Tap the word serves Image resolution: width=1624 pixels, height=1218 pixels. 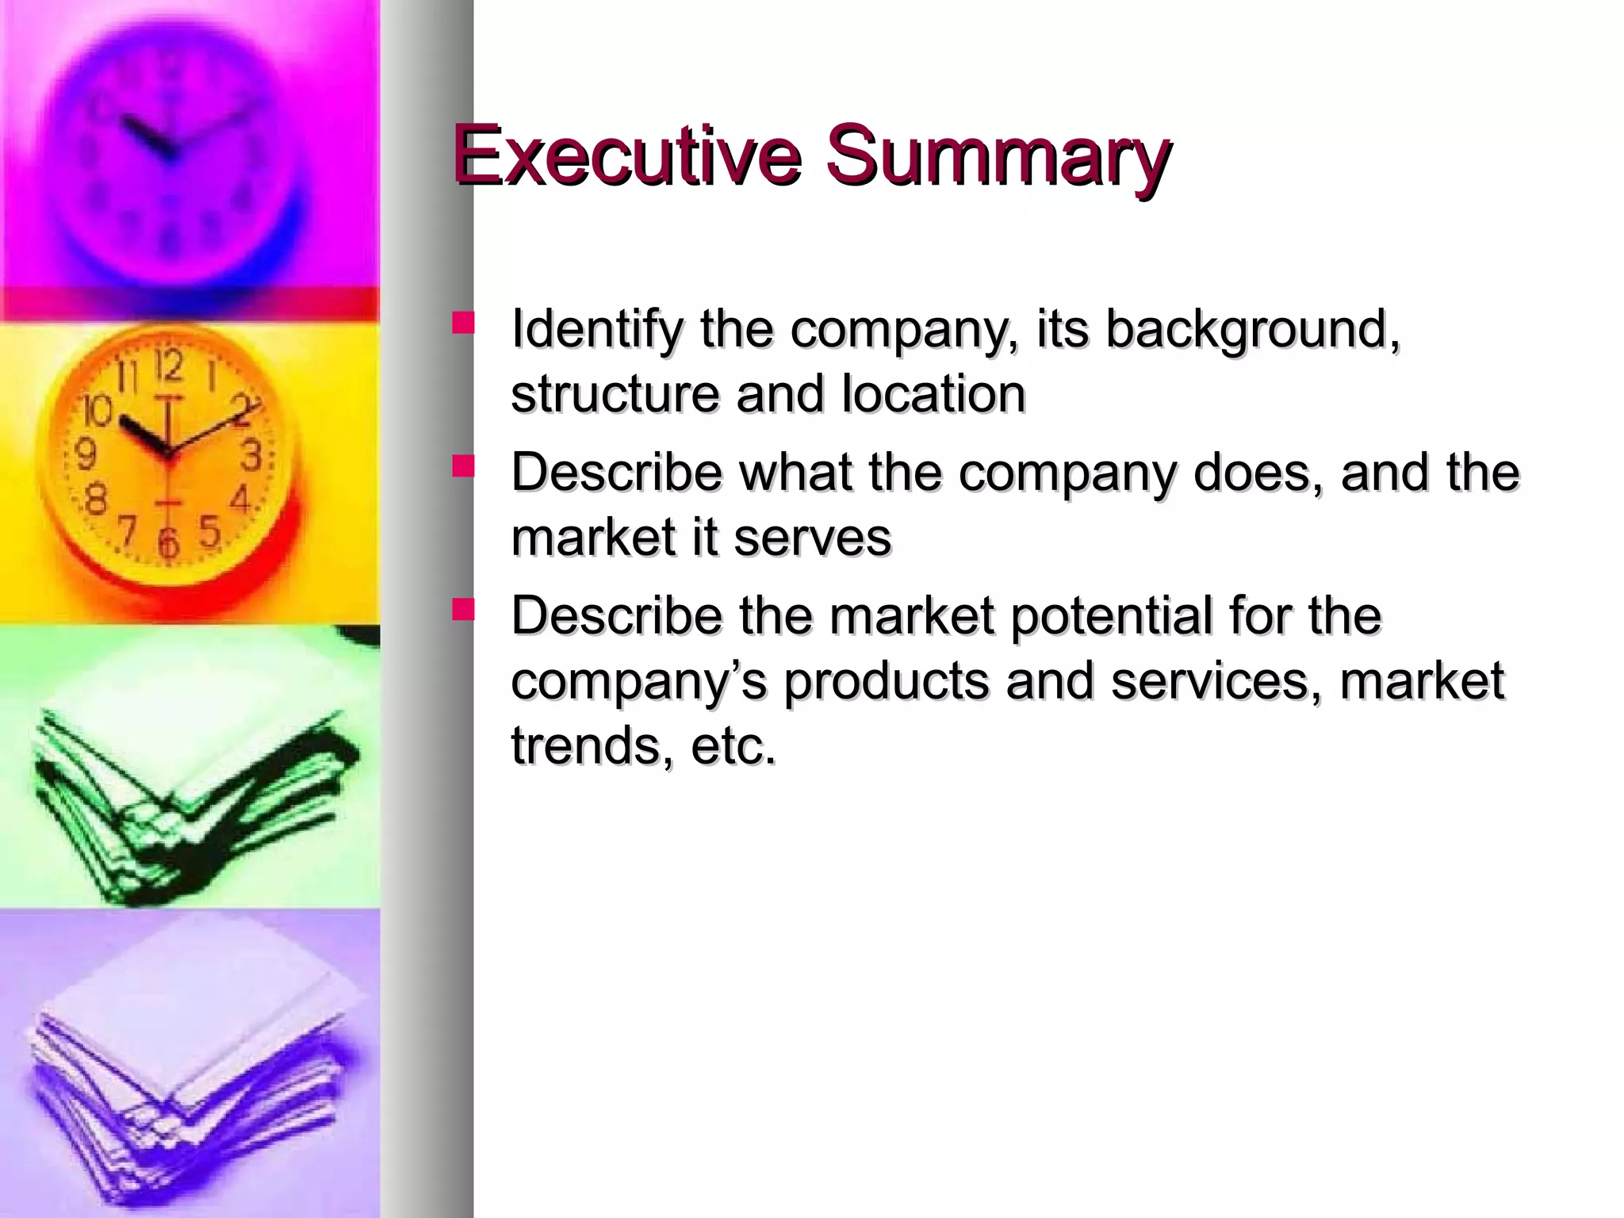click(812, 537)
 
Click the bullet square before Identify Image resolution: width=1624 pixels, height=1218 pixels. click(462, 323)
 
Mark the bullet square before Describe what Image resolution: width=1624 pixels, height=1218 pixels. click(462, 465)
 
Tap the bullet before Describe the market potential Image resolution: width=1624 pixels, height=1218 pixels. click(462, 609)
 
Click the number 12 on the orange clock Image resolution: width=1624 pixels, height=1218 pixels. click(168, 366)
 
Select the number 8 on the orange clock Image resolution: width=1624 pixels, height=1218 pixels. click(96, 500)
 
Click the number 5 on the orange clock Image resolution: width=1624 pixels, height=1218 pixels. click(209, 531)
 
